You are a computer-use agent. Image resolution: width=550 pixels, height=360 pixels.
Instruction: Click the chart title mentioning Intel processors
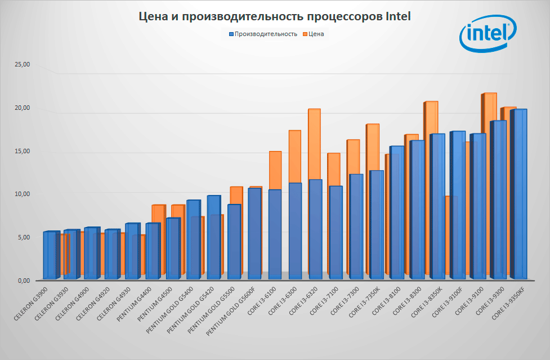click(275, 17)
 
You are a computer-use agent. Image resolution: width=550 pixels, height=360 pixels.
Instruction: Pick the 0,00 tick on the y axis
click(24, 281)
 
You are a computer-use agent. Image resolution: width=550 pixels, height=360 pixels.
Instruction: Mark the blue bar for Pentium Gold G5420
click(214, 237)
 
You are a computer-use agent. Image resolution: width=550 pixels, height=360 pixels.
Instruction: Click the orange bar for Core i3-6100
click(275, 169)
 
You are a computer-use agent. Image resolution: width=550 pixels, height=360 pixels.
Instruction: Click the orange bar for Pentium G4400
click(159, 214)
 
